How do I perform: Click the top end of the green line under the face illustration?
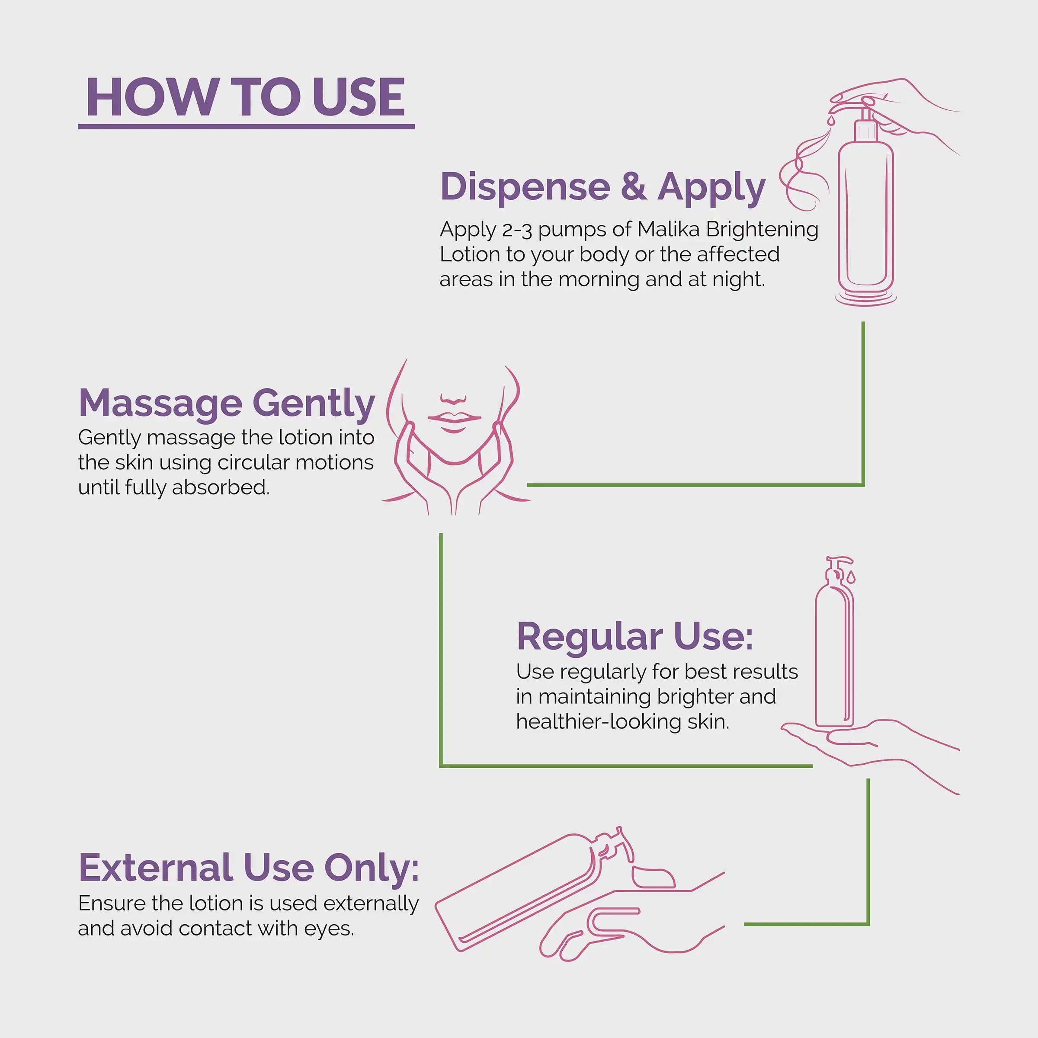[x=441, y=534]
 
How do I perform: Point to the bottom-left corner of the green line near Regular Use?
[x=441, y=766]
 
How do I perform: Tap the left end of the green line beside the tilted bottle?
[x=745, y=924]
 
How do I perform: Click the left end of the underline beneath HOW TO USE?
[x=78, y=126]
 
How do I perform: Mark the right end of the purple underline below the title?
[x=415, y=126]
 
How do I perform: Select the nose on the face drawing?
[x=453, y=399]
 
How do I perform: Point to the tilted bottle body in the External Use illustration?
[x=516, y=894]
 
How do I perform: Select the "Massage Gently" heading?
[x=227, y=403]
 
